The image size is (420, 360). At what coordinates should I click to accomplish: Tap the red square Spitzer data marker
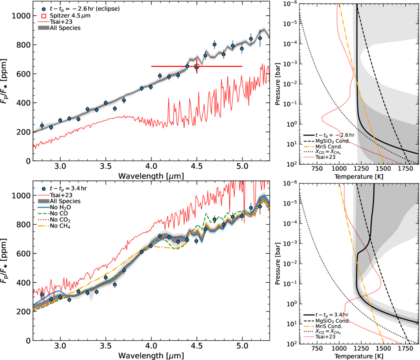pyautogui.click(x=197, y=66)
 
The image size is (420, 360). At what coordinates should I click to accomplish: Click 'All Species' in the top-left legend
pyautogui.click(x=65, y=28)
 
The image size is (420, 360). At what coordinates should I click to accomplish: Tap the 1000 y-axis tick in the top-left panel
pyautogui.click(x=21, y=16)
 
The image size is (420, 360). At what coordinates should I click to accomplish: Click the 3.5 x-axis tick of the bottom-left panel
pyautogui.click(x=106, y=346)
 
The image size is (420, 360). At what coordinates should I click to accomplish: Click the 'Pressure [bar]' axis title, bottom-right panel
pyautogui.click(x=278, y=263)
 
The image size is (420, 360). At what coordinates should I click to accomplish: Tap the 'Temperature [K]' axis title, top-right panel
pyautogui.click(x=358, y=177)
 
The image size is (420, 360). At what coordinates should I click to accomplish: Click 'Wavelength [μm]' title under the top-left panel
pyautogui.click(x=151, y=176)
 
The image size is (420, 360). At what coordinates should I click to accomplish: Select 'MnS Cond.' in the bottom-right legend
pyautogui.click(x=329, y=326)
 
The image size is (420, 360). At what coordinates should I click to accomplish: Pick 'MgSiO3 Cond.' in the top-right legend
pyautogui.click(x=332, y=141)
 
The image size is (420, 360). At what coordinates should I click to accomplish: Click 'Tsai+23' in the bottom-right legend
pyautogui.click(x=325, y=337)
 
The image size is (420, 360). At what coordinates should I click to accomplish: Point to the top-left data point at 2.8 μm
pyautogui.click(x=42, y=125)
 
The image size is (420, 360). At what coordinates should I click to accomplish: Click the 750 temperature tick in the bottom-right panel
pyautogui.click(x=317, y=348)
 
